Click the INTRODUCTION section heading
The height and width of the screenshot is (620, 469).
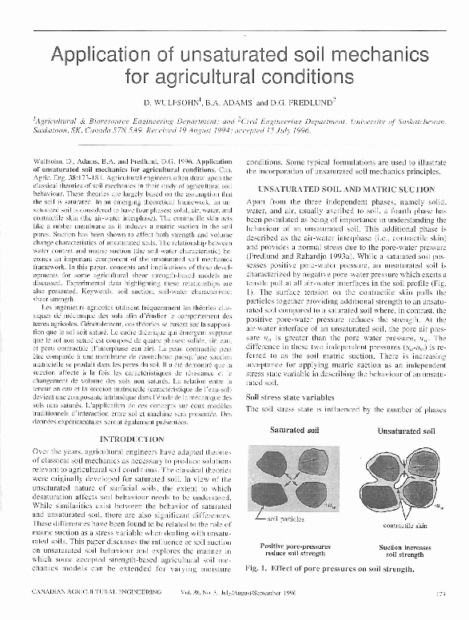pos(132,439)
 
